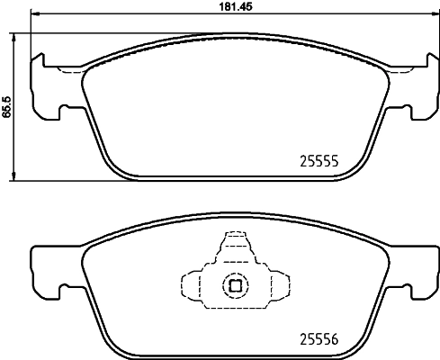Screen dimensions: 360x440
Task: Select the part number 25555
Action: (x=317, y=163)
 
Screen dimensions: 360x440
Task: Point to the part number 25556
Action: (x=317, y=340)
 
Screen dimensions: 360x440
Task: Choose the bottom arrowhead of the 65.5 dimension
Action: (x=15, y=176)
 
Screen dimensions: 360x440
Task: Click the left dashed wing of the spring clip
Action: (x=192, y=287)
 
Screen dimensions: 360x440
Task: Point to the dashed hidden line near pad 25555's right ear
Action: (x=396, y=68)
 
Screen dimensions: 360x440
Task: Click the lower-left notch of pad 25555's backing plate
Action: (x=63, y=112)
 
